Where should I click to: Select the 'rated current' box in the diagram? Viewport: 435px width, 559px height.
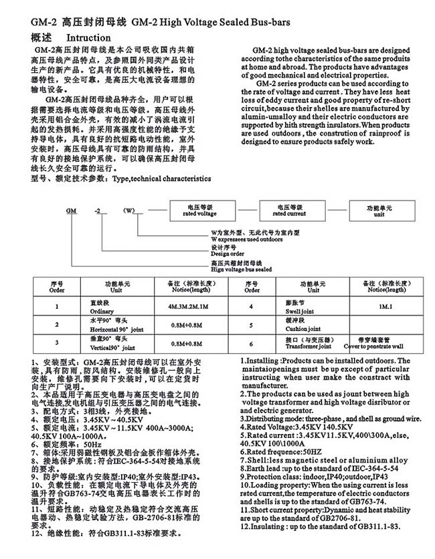[x=288, y=211]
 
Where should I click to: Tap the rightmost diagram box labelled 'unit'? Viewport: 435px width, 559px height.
[x=379, y=211]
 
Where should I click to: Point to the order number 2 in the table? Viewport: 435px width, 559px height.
[x=56, y=326]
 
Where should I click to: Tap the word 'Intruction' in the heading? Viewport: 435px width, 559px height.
[x=88, y=37]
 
